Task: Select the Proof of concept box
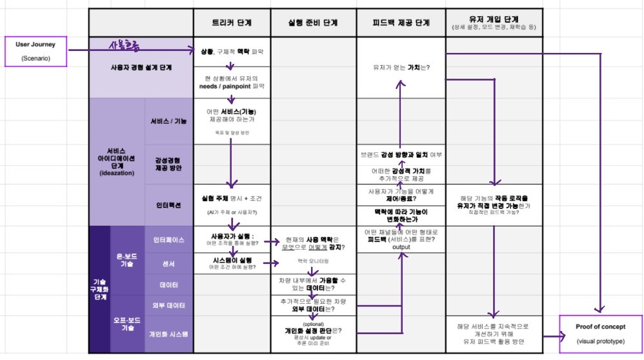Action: (x=600, y=334)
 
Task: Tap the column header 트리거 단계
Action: (x=231, y=23)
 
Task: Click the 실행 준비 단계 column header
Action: (x=312, y=23)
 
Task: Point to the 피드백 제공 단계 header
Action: (x=400, y=23)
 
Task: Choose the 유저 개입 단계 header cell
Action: (x=494, y=23)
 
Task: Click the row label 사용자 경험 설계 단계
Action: (x=141, y=67)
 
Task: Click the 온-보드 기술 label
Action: (x=127, y=260)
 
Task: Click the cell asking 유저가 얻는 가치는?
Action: (x=401, y=67)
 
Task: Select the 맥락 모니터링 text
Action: (x=312, y=261)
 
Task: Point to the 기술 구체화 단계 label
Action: (x=99, y=288)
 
